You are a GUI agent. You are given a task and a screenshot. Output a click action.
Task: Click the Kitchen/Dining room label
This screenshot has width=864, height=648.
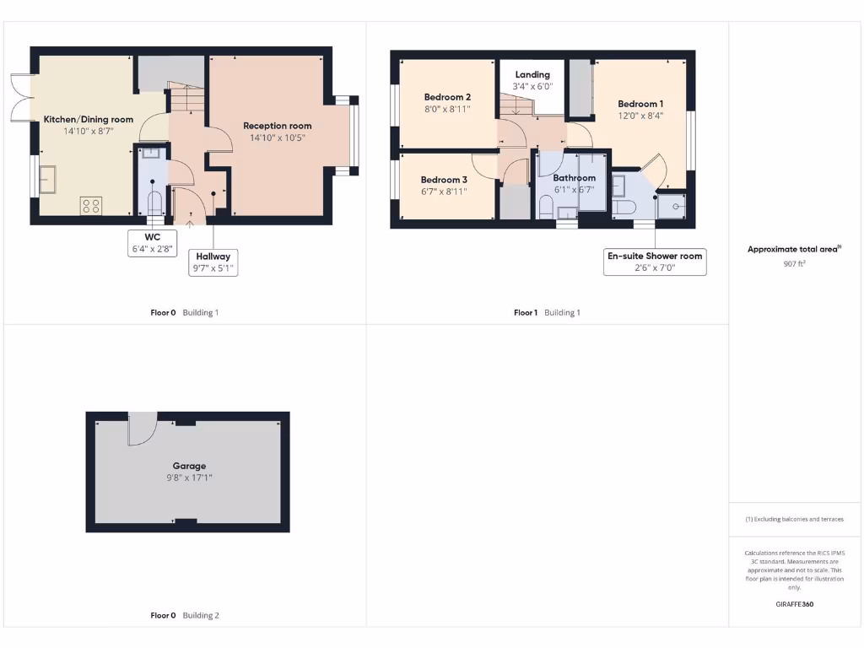[x=89, y=120]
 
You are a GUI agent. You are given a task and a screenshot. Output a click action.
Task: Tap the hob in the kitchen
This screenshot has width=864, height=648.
[x=90, y=205]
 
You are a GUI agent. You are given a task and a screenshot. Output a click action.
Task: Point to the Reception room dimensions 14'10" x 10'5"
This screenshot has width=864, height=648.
[x=277, y=138]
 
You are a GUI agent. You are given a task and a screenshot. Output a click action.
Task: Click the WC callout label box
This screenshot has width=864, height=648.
[x=152, y=243]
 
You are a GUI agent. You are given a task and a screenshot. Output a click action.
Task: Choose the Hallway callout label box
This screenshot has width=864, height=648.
[x=213, y=262]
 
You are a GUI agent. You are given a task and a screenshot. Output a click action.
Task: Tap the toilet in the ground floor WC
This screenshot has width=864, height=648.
[x=154, y=203]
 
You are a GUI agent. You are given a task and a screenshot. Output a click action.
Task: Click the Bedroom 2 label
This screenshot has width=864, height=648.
[x=447, y=97]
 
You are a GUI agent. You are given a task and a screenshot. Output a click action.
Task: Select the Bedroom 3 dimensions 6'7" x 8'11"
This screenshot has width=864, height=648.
[x=444, y=192]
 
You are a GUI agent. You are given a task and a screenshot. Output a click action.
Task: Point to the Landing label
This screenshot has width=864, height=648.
[x=532, y=74]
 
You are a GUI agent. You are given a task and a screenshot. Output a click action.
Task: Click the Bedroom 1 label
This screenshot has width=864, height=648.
[x=640, y=104]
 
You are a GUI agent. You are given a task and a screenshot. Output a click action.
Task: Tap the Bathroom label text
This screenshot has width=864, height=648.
[x=574, y=178]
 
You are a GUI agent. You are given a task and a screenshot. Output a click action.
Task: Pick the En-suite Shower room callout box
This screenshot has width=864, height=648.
[x=655, y=262]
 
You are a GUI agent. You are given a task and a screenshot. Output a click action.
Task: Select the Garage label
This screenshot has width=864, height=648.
[x=189, y=466]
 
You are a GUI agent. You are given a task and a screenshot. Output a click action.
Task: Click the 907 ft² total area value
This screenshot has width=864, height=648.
[x=795, y=263]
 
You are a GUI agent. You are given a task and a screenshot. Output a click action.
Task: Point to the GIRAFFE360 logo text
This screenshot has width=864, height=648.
[x=795, y=604]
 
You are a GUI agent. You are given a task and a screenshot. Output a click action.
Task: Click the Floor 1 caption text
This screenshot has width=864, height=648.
[x=525, y=312]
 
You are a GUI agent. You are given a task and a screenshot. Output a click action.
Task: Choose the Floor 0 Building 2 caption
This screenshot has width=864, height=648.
[x=185, y=615]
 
